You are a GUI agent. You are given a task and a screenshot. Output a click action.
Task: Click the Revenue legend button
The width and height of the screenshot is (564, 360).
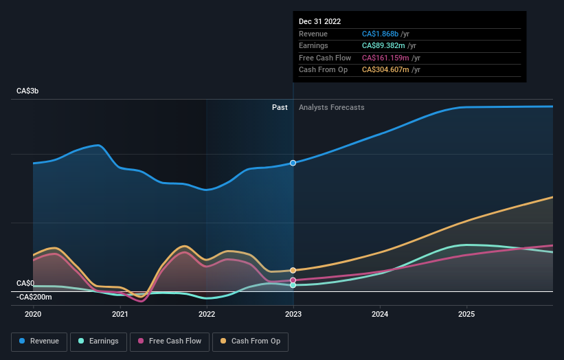[x=39, y=341]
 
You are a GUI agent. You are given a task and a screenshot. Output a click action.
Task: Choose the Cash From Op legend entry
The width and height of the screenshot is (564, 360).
[x=251, y=341]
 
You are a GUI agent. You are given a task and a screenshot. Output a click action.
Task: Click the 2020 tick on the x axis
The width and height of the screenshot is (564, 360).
[x=33, y=314]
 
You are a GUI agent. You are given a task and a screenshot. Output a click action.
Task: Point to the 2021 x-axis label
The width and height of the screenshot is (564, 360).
[x=120, y=314]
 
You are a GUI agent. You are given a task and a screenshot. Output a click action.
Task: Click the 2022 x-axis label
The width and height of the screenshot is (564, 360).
[x=206, y=314]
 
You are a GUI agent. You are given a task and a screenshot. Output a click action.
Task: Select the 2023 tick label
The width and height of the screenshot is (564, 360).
[x=293, y=314]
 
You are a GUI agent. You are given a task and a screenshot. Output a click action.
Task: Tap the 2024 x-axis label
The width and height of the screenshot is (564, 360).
[x=380, y=314]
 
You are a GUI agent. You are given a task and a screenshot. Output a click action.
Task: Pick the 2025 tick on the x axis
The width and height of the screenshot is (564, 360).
[x=466, y=314]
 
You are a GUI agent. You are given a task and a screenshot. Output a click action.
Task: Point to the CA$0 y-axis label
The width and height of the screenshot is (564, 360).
[x=25, y=283]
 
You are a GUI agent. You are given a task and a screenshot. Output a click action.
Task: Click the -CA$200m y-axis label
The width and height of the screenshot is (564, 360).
[x=34, y=297]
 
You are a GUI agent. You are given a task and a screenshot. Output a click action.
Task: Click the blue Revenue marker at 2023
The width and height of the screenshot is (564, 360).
[x=293, y=163]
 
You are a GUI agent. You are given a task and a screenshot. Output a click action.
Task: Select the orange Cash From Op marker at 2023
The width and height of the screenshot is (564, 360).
[x=293, y=271]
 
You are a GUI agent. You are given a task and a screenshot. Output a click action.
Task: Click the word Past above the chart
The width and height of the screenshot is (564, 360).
[x=280, y=107]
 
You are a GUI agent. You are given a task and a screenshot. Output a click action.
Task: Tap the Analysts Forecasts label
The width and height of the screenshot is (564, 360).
[x=331, y=107]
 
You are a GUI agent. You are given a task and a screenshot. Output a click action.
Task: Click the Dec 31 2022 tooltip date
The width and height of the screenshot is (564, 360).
[x=319, y=22]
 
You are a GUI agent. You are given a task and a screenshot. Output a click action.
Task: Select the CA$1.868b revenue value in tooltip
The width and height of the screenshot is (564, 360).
[x=385, y=34]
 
